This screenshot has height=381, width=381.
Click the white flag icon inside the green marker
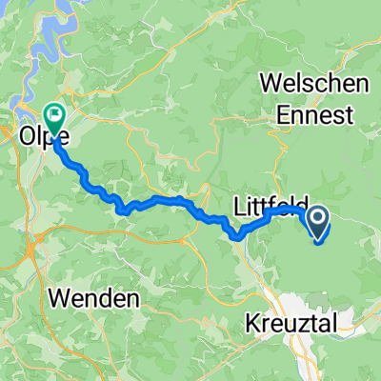click(54, 116)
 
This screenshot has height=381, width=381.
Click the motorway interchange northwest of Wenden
click(33, 250)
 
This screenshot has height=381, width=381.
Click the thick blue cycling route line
click(152, 201)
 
